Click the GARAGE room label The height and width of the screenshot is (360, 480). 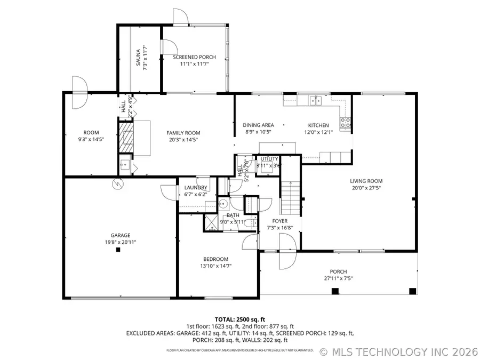(120, 235)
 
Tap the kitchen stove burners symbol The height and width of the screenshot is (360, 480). (346, 124)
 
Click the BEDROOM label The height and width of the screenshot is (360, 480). (215, 259)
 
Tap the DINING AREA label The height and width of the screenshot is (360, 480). (259, 125)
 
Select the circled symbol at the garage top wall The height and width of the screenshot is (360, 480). (117, 183)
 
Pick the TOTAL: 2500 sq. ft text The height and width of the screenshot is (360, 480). (239, 318)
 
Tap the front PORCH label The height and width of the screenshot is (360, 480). (338, 271)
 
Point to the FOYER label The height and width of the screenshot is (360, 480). (280, 221)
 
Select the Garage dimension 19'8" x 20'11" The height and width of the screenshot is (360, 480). (120, 242)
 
